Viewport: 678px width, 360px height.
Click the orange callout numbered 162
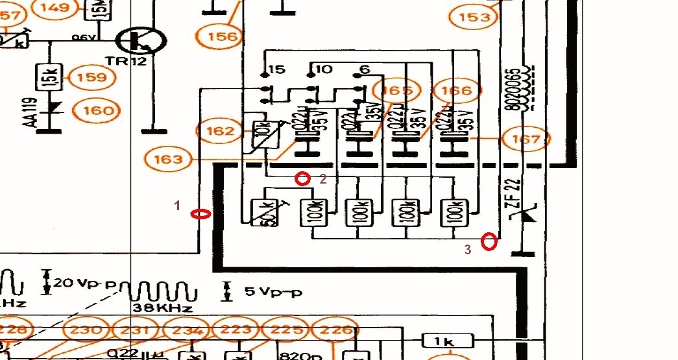pyautogui.click(x=219, y=132)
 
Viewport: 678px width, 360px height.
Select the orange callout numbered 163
pyautogui.click(x=169, y=158)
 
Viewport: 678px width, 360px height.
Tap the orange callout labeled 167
pyautogui.click(x=526, y=138)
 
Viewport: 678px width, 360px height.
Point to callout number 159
pyautogui.click(x=91, y=78)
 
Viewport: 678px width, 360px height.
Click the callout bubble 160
pyautogui.click(x=97, y=110)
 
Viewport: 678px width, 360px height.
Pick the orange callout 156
pyautogui.click(x=223, y=36)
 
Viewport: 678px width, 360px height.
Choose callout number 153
pyautogui.click(x=474, y=18)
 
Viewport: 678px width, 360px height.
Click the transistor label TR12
pyautogui.click(x=132, y=64)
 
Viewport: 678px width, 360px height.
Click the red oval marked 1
pyautogui.click(x=201, y=214)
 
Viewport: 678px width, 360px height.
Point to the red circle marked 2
pyautogui.click(x=302, y=178)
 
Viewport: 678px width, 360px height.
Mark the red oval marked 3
pyautogui.click(x=490, y=242)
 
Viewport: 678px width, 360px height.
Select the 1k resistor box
pyautogui.click(x=448, y=341)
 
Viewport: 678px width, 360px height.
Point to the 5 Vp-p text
pyautogui.click(x=273, y=292)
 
